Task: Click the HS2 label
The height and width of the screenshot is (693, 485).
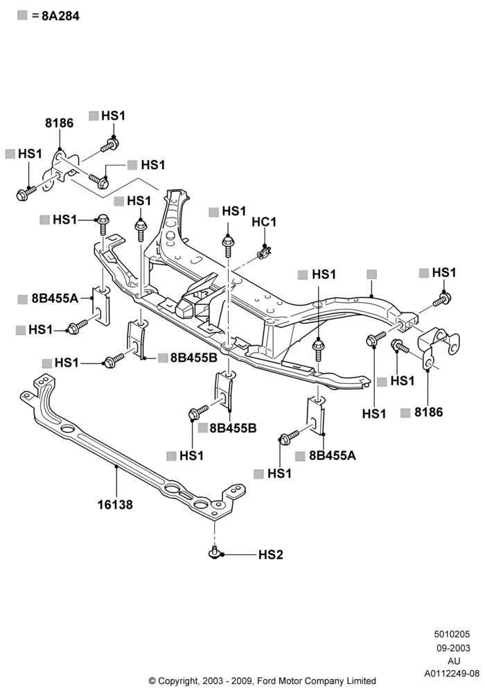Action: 270,554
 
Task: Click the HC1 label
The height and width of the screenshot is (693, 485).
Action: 264,222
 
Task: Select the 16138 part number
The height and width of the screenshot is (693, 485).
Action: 115,505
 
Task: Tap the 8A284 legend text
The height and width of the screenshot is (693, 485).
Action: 60,16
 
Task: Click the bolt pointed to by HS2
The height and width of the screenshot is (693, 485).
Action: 214,552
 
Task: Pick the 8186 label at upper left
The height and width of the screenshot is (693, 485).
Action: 59,123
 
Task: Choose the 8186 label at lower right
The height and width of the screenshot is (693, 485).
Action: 428,412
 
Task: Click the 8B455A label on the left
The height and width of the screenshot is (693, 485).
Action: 55,299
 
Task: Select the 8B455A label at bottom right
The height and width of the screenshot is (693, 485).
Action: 332,456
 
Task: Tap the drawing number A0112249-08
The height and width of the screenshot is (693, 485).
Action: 452,674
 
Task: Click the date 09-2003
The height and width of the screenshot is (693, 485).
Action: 453,649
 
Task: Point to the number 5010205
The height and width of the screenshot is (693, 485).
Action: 452,634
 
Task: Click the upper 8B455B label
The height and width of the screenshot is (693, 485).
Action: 194,358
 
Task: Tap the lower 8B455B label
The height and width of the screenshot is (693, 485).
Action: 233,428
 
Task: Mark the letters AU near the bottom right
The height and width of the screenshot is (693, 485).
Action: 454,661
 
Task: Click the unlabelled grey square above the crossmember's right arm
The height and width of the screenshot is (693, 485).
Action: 372,274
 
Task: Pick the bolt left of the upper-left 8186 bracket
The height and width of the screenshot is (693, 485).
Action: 26,193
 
